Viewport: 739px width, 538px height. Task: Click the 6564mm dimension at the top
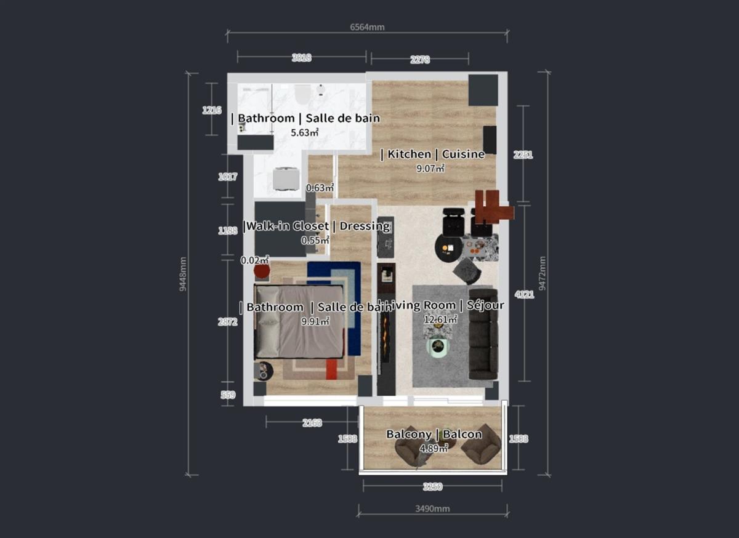pyautogui.click(x=367, y=27)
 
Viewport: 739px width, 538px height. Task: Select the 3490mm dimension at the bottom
pyautogui.click(x=432, y=509)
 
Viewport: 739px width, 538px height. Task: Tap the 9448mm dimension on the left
pyautogui.click(x=183, y=274)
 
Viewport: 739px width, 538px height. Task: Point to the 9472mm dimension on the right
pyautogui.click(x=543, y=274)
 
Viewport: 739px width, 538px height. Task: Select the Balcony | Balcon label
pyautogui.click(x=434, y=435)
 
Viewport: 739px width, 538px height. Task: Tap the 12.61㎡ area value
pyautogui.click(x=440, y=319)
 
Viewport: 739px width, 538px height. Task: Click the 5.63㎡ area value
pyautogui.click(x=305, y=132)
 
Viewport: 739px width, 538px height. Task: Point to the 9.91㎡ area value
pyautogui.click(x=315, y=321)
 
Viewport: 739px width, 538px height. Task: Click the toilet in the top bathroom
pyautogui.click(x=302, y=94)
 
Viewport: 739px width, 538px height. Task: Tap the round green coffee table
pyautogui.click(x=438, y=348)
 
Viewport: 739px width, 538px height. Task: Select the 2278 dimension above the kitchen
pyautogui.click(x=419, y=60)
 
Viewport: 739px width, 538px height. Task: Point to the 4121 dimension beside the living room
pyautogui.click(x=525, y=294)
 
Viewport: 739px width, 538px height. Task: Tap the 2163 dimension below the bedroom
pyautogui.click(x=312, y=423)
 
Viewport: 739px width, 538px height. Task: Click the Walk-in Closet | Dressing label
pyautogui.click(x=317, y=226)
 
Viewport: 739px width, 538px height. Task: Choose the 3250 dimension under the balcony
pyautogui.click(x=432, y=486)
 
